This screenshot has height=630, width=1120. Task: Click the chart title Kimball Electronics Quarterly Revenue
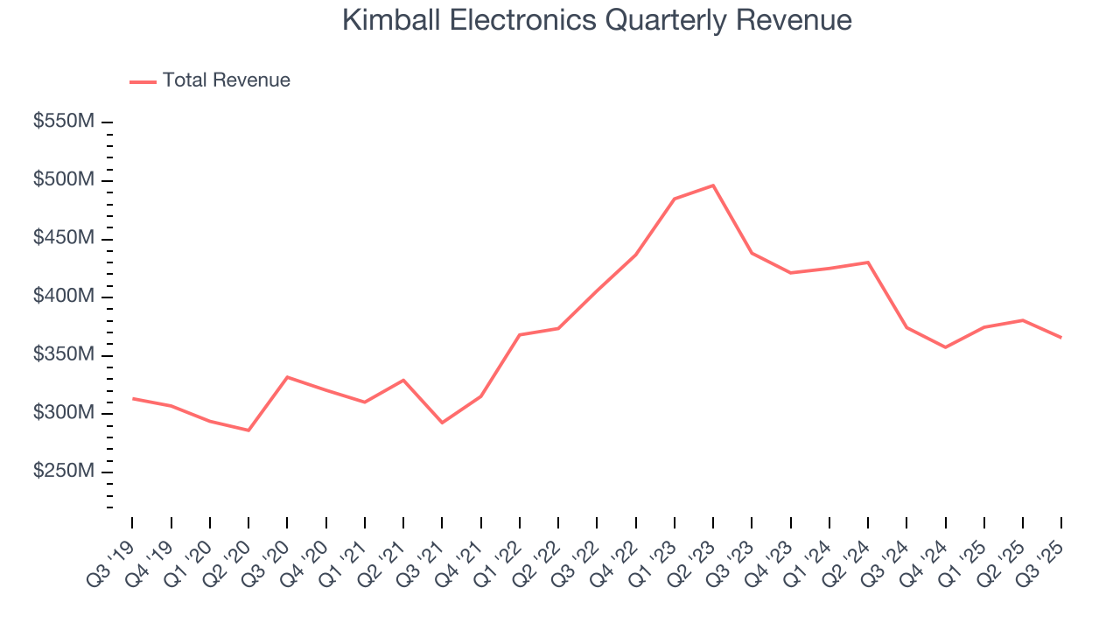[597, 20]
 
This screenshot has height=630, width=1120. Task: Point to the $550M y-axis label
[63, 122]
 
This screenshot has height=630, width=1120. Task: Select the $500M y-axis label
[63, 179]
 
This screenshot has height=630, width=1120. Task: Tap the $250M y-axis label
[63, 472]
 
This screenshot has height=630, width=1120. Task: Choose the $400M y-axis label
[63, 297]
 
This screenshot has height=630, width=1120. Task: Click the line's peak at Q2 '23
[713, 185]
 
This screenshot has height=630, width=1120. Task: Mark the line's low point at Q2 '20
[248, 430]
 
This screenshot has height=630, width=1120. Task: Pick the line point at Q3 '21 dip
[442, 423]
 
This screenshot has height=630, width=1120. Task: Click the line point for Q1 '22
[520, 335]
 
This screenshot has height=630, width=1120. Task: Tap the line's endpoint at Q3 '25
[1061, 338]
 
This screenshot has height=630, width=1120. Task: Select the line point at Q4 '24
[945, 347]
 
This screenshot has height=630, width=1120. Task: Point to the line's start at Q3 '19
[133, 398]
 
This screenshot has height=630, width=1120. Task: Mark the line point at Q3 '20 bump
[288, 377]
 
